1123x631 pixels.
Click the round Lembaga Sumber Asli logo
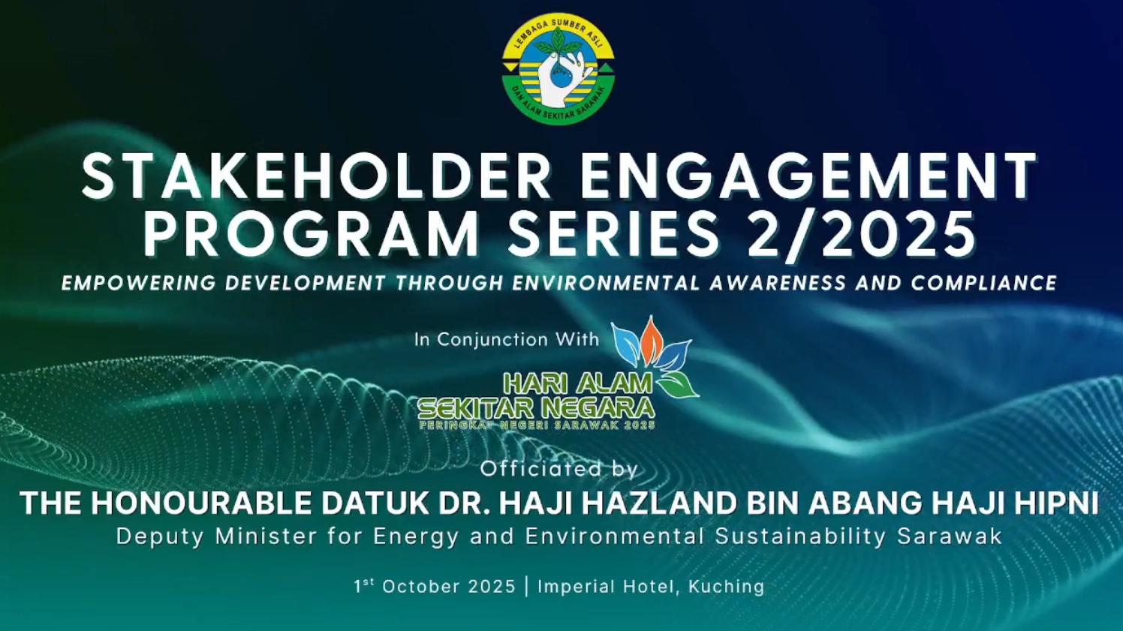pyautogui.click(x=558, y=69)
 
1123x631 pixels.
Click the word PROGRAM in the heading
pyautogui.click(x=312, y=233)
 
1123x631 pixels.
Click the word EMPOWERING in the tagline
pyautogui.click(x=138, y=283)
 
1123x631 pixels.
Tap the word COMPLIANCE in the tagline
pyautogui.click(x=984, y=283)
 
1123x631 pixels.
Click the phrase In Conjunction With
pyautogui.click(x=507, y=339)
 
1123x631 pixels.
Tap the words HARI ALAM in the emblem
pyautogui.click(x=578, y=384)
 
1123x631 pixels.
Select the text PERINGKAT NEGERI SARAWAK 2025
pyautogui.click(x=537, y=426)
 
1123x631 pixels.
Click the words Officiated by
pyautogui.click(x=558, y=469)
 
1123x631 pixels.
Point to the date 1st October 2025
pyautogui.click(x=435, y=586)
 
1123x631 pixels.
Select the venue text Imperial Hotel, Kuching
pyautogui.click(x=651, y=587)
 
